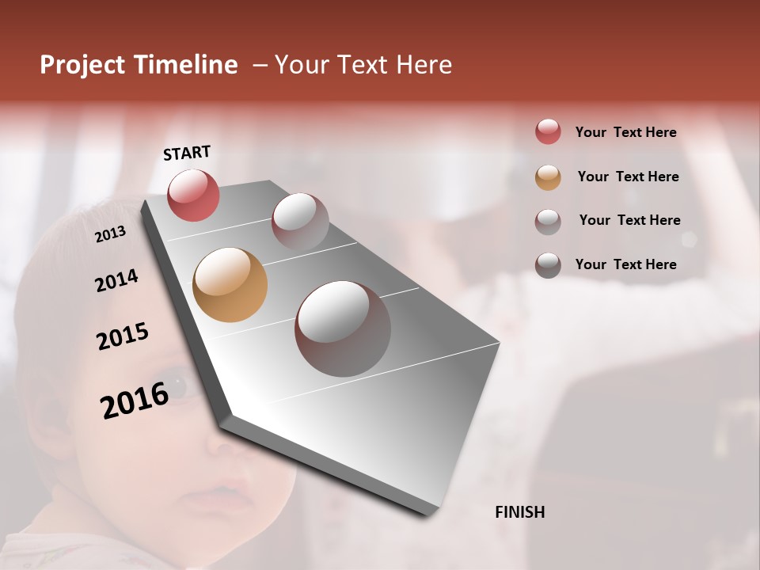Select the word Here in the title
tap(423, 65)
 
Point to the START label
tap(187, 153)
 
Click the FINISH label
tap(519, 512)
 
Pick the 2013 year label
tap(110, 234)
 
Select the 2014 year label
tap(116, 281)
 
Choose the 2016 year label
tap(135, 401)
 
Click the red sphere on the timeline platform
tap(193, 195)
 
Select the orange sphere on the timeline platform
tap(230, 285)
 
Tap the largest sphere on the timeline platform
tap(343, 328)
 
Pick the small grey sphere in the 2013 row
tap(300, 222)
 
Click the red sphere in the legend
tap(548, 131)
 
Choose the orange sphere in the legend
tap(548, 177)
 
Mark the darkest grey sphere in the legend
tap(548, 265)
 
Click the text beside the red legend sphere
tap(625, 132)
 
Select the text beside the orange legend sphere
tap(628, 177)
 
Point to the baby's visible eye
tap(178, 386)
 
